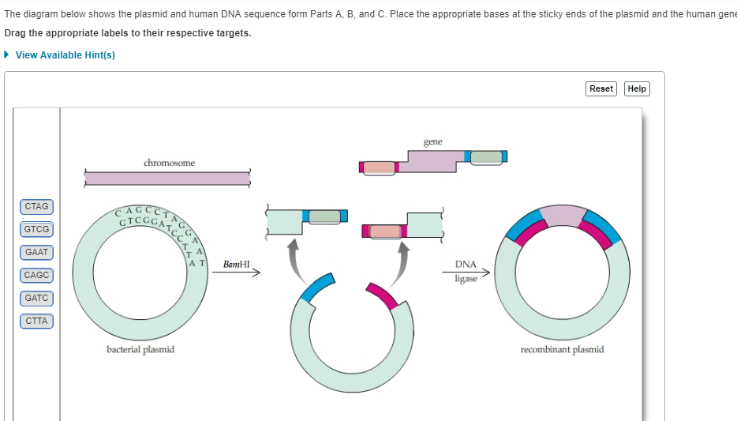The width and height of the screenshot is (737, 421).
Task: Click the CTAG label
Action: tap(36, 207)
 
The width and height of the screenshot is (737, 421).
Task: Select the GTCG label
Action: tap(36, 230)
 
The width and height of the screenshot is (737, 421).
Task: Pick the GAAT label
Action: tap(36, 253)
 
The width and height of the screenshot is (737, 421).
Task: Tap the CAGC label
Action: tap(36, 276)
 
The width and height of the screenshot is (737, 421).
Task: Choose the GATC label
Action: tap(36, 299)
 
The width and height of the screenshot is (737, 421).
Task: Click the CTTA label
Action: tap(36, 321)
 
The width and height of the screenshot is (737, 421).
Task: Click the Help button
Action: tap(637, 88)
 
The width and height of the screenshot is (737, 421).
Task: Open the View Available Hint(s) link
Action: tap(65, 55)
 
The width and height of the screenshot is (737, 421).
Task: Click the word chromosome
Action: tap(169, 163)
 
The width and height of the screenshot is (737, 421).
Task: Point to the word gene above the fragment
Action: tap(432, 142)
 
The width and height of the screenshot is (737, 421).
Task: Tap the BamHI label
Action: tap(236, 264)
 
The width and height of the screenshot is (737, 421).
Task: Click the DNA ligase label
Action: tap(466, 271)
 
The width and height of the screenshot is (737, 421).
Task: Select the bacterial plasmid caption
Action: tap(140, 349)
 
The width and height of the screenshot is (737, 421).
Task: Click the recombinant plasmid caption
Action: tap(562, 349)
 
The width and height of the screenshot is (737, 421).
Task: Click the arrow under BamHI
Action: tap(236, 275)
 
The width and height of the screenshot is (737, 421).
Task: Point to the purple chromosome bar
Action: tap(167, 178)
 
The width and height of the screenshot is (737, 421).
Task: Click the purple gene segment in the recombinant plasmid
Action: tap(562, 215)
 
